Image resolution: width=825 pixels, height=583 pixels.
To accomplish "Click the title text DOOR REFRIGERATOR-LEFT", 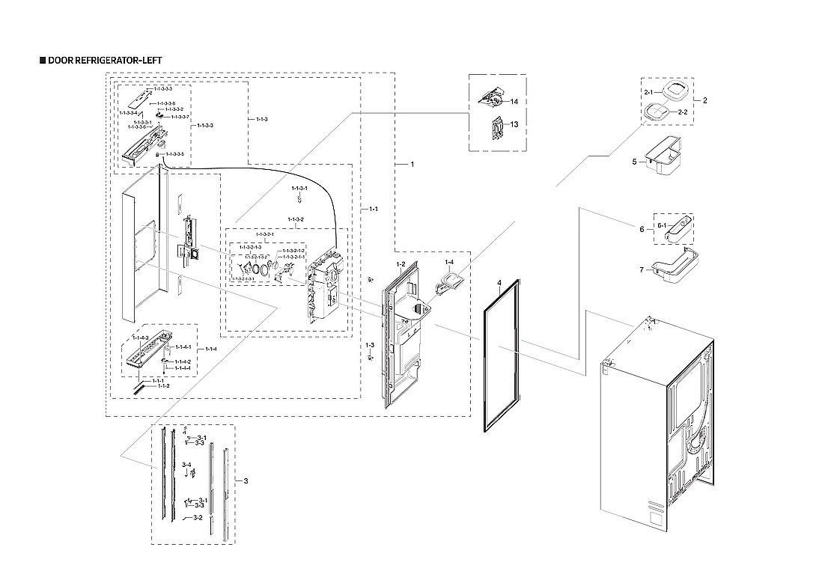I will [x=104, y=60].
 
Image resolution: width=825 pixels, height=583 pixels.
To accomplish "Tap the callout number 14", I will [x=514, y=101].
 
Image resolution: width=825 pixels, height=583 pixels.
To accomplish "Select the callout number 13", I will [x=514, y=124].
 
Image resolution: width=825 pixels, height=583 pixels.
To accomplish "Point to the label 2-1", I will [x=648, y=91].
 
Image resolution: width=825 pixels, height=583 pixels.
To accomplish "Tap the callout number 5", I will [x=633, y=161].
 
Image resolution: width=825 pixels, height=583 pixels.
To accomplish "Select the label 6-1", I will [x=662, y=225].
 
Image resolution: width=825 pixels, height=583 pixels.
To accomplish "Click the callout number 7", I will [x=641, y=269].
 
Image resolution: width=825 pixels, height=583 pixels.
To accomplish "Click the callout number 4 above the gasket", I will [x=497, y=283].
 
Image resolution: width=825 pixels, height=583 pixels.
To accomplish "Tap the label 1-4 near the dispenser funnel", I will [x=448, y=263].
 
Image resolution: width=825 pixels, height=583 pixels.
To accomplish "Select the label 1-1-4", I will [x=211, y=350].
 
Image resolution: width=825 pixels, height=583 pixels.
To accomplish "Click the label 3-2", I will [x=198, y=517].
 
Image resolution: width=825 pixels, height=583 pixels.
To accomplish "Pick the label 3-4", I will [x=186, y=466].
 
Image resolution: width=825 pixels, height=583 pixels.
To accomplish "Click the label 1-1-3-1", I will [x=299, y=189].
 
